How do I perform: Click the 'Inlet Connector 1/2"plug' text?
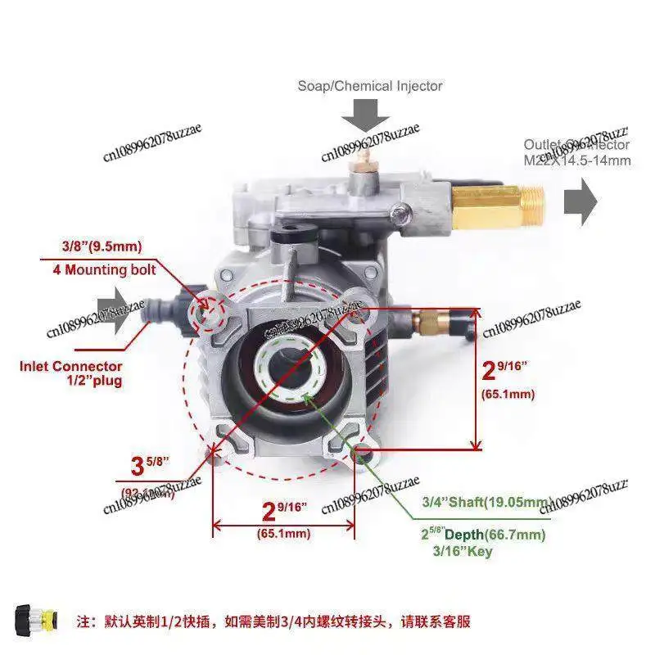(71, 373)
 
